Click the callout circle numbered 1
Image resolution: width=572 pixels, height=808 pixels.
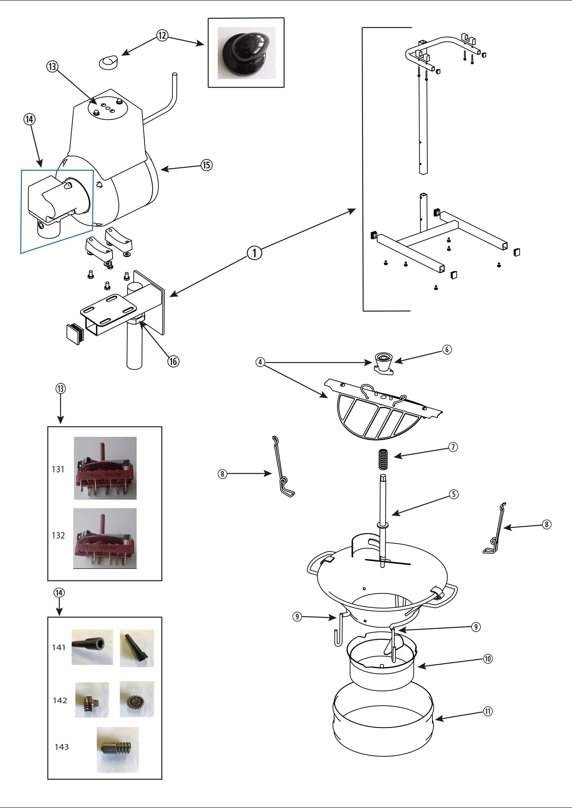tap(254, 253)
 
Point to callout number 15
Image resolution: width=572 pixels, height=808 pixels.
tap(207, 165)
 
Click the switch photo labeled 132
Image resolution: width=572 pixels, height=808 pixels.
tap(105, 538)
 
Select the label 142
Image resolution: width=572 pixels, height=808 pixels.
tap(60, 700)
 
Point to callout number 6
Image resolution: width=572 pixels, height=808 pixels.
tap(447, 350)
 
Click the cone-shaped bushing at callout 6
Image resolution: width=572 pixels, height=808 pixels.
tap(383, 362)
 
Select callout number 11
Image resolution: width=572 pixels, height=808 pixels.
tap(487, 711)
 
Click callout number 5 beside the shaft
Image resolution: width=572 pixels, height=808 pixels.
tap(454, 494)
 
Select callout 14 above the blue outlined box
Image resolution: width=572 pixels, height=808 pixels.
tap(30, 119)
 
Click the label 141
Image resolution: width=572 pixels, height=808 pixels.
tap(59, 647)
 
